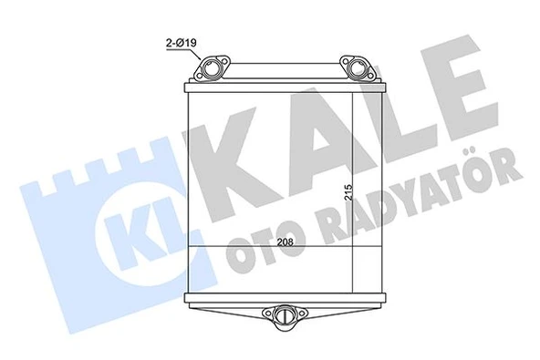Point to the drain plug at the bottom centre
tap(285, 315)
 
